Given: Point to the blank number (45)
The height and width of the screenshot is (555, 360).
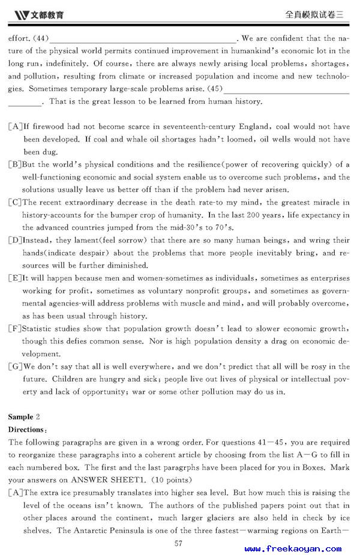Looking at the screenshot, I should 215,89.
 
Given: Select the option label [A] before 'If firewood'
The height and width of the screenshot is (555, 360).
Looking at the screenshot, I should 15,127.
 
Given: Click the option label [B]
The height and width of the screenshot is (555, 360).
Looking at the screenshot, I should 15,164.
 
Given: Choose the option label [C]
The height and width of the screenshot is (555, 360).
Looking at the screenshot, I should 15,202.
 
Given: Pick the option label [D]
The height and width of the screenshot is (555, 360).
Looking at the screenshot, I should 15,240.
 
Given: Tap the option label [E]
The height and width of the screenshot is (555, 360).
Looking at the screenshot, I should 15,278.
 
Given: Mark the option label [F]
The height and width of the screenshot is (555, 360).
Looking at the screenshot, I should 15,329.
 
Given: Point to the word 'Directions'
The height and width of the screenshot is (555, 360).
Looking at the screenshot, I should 26,430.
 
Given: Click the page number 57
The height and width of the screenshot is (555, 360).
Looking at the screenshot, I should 178,544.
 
